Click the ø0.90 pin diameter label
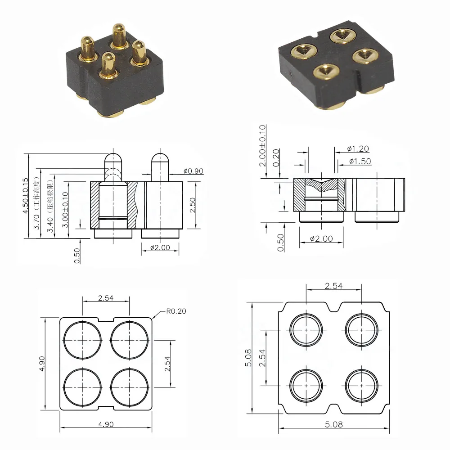tap(193, 171)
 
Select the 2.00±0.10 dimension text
tap(263, 146)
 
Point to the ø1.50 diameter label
tap(360, 161)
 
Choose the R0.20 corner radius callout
tap(176, 311)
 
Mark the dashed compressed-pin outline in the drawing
tap(112, 173)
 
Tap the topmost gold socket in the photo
tap(342, 36)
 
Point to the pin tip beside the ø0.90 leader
tap(160, 159)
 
